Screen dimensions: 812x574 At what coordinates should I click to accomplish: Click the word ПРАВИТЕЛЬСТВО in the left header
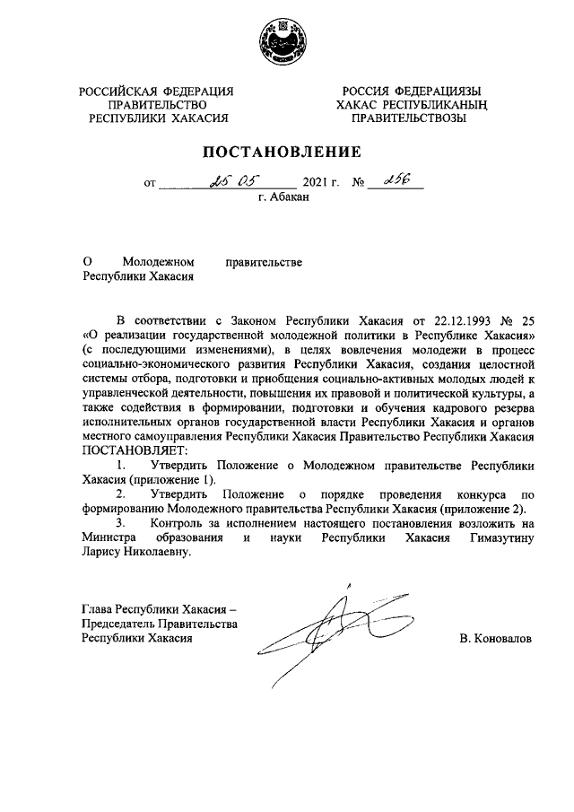coord(156,104)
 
